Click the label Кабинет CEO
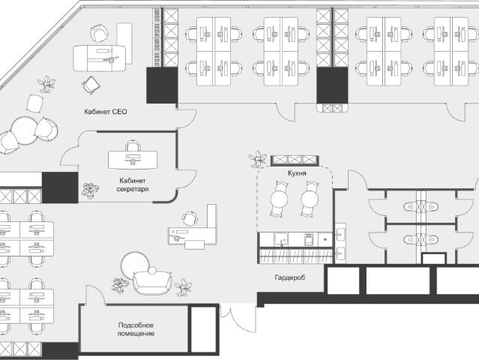coord(106,112)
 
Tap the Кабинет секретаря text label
coord(133,185)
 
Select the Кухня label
coord(297,173)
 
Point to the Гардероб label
coord(289,277)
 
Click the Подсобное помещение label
coord(136,329)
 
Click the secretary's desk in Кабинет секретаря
coord(133,160)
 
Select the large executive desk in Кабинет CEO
coord(100,58)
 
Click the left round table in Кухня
coord(279,199)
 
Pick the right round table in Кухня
coord(310,199)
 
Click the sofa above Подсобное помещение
coord(152,283)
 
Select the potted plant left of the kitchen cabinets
coord(258,160)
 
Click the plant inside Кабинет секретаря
coord(90,190)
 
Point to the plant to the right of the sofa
coord(183,287)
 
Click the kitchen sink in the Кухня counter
coord(281,239)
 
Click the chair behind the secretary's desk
coord(133,145)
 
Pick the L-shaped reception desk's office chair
coord(190,218)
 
